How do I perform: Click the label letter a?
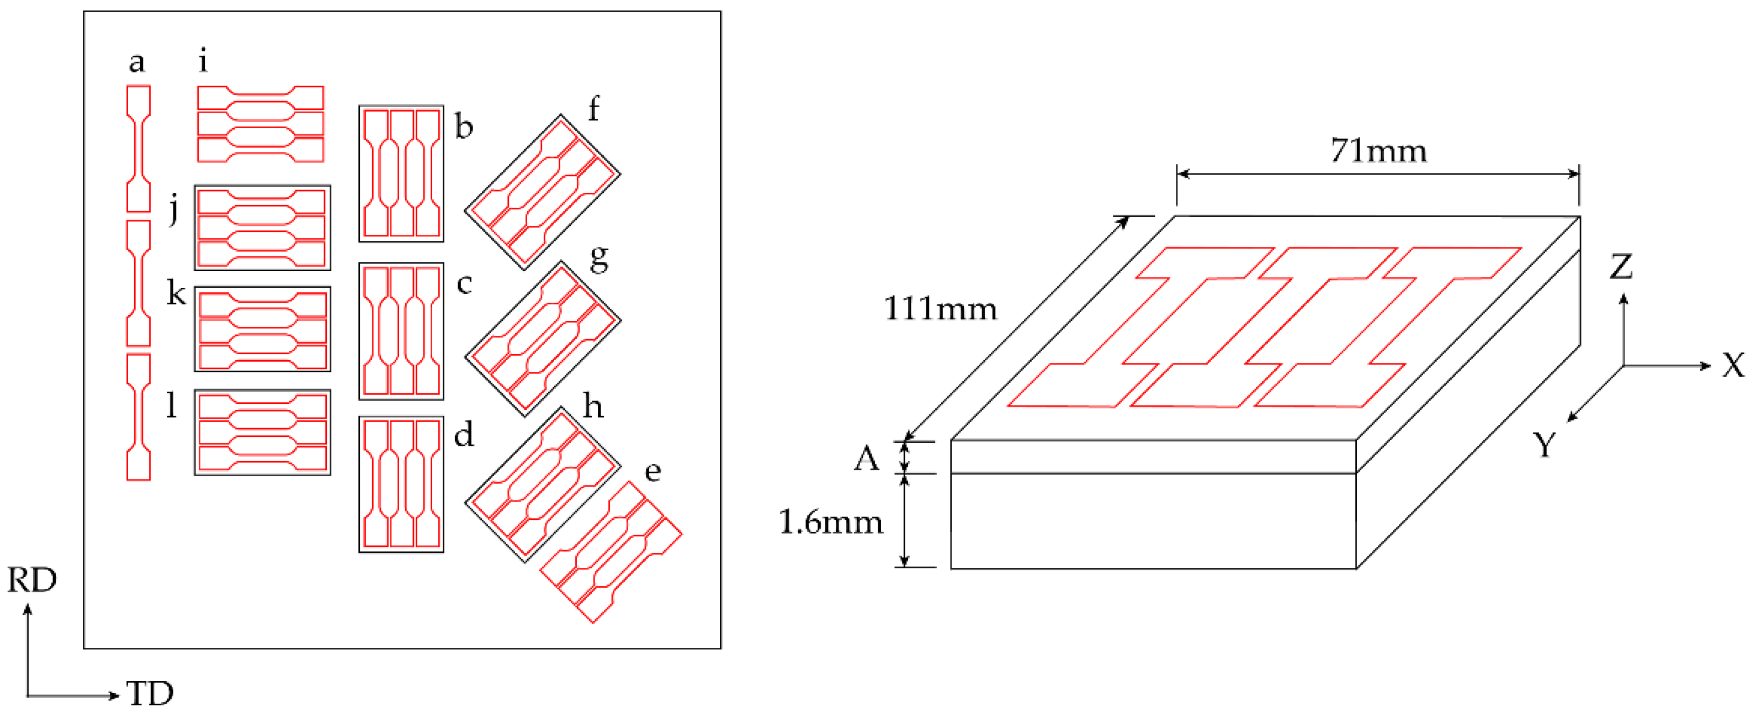[137, 62]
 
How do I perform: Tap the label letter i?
[203, 61]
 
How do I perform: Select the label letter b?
[464, 126]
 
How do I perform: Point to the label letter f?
[593, 109]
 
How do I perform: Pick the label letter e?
[652, 471]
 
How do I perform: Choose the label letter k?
[176, 294]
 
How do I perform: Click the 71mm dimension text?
[1378, 151]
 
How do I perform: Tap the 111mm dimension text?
[940, 309]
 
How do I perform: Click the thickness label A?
[867, 459]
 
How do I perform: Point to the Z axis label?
[1621, 267]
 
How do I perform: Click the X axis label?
[1733, 366]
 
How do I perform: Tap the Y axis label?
[1545, 445]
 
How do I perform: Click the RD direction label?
[32, 580]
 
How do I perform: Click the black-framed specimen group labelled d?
[401, 484]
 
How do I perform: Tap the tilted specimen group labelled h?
[543, 484]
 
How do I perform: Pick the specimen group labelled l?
[262, 433]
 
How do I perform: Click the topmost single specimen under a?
[139, 148]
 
